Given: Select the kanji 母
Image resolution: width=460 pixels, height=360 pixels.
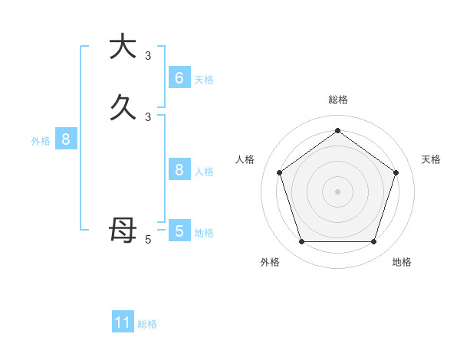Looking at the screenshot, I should coord(123,229).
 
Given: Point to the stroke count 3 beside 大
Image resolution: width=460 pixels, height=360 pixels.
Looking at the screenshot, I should coord(148,55).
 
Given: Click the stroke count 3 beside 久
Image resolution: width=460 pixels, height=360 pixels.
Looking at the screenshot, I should coord(148,116).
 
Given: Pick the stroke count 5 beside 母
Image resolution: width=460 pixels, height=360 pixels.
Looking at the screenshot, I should coord(148,240).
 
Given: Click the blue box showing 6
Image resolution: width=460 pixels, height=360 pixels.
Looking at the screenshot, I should coord(179,77).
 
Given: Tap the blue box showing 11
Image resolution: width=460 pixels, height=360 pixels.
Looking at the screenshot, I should coord(123,322).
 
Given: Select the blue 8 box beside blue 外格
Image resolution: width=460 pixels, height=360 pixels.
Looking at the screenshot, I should coord(66,139).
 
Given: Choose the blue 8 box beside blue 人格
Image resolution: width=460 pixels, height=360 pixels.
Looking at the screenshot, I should coord(179,170).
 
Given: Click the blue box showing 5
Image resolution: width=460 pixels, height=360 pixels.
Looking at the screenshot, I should coord(179,231).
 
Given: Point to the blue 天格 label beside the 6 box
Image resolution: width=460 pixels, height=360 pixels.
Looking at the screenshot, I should coord(204,79).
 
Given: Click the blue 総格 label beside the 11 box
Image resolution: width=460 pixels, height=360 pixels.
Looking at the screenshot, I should coord(147,324).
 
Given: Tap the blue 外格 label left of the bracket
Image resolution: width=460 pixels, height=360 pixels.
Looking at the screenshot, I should coord(41,141).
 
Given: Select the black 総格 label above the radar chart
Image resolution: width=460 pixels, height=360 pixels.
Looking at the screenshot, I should coord(338,100).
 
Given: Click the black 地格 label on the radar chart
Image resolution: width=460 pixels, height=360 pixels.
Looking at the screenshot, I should coord(402,262).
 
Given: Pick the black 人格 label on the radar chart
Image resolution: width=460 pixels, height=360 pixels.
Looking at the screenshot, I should coord(245,159).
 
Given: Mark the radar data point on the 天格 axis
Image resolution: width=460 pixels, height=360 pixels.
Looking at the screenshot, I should coord(396,172).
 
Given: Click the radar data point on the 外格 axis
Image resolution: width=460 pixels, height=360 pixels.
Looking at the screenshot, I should coord(301,242).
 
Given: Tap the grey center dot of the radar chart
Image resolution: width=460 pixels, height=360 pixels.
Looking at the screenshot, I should coord(337,191).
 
